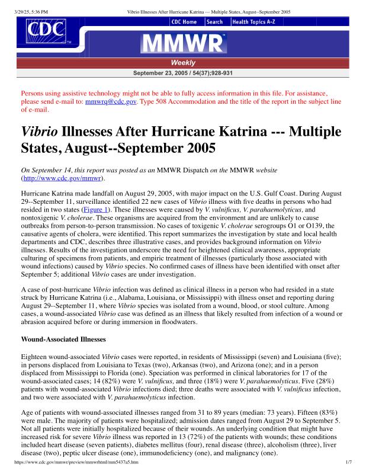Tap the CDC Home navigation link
click(184, 22)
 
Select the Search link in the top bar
click(215, 22)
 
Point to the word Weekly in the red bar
click(183, 63)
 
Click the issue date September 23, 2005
click(160, 73)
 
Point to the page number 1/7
click(349, 461)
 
